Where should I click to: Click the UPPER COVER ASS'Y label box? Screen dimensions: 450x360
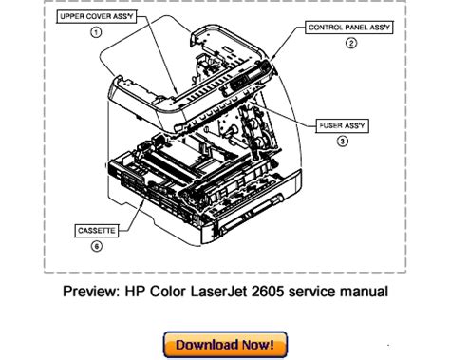pos(96,16)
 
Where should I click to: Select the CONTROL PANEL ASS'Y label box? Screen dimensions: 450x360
pos(349,28)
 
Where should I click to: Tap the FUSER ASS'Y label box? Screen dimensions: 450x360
pos(342,125)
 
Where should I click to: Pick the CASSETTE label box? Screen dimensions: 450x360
pos(97,231)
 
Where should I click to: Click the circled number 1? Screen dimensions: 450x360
pos(96,32)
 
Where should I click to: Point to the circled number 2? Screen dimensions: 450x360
pos(350,43)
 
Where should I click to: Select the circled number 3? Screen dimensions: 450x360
pos(342,141)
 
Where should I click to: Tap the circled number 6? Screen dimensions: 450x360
pos(97,246)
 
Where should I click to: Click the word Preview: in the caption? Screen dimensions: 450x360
pos(91,292)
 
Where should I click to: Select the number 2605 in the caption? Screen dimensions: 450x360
pos(268,292)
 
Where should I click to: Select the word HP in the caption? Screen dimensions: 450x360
pos(135,292)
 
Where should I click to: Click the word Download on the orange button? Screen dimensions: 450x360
pos(207,345)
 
